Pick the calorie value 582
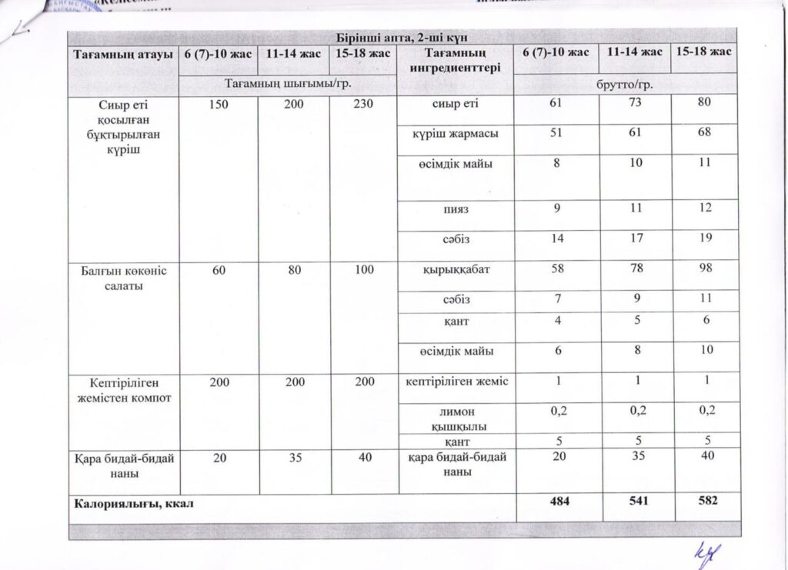coord(704,502)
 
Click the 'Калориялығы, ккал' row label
coord(132,505)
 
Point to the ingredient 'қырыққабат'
coord(456,270)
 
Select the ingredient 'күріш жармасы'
coord(456,133)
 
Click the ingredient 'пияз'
coord(456,208)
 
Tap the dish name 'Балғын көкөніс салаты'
coord(123,278)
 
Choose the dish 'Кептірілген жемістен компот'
coord(123,390)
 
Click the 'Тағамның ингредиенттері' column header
coord(456,60)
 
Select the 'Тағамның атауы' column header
coord(123,54)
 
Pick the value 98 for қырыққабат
coord(703,270)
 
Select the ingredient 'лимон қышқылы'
coord(456,418)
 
